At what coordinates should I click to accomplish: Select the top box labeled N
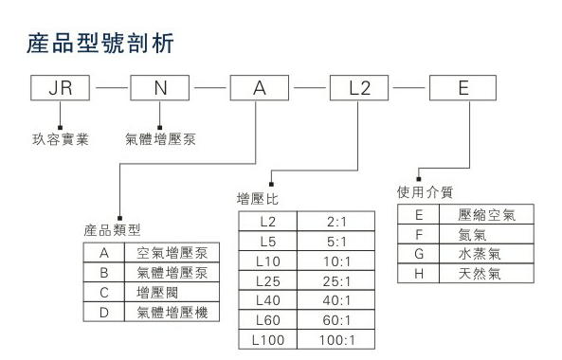pos(159,90)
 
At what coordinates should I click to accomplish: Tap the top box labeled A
pos(260,90)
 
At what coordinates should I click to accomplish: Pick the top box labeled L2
pos(359,90)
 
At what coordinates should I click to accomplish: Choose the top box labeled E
pos(462,90)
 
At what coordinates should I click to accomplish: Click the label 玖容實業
pos(59,138)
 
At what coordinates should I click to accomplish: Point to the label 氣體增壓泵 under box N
pos(158,138)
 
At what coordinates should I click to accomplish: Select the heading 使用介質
pos(422,192)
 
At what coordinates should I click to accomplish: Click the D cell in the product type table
pos(103,312)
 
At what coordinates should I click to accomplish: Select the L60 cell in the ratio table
pos(270,319)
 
